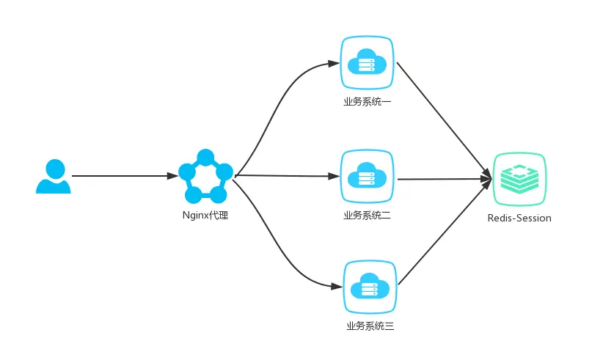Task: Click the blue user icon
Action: pos(54,176)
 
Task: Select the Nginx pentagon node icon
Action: pos(205,177)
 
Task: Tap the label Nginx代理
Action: pos(205,216)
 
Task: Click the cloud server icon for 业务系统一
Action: pos(368,63)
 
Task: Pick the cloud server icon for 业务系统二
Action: pos(368,177)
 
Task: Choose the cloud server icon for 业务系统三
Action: pos(369,287)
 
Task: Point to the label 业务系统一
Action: pos(368,101)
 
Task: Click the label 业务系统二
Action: pos(368,216)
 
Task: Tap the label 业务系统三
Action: pos(370,326)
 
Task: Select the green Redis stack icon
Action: pos(519,178)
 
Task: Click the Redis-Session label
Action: pos(519,218)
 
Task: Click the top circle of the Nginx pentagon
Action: pos(205,156)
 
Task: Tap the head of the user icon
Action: pos(54,167)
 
